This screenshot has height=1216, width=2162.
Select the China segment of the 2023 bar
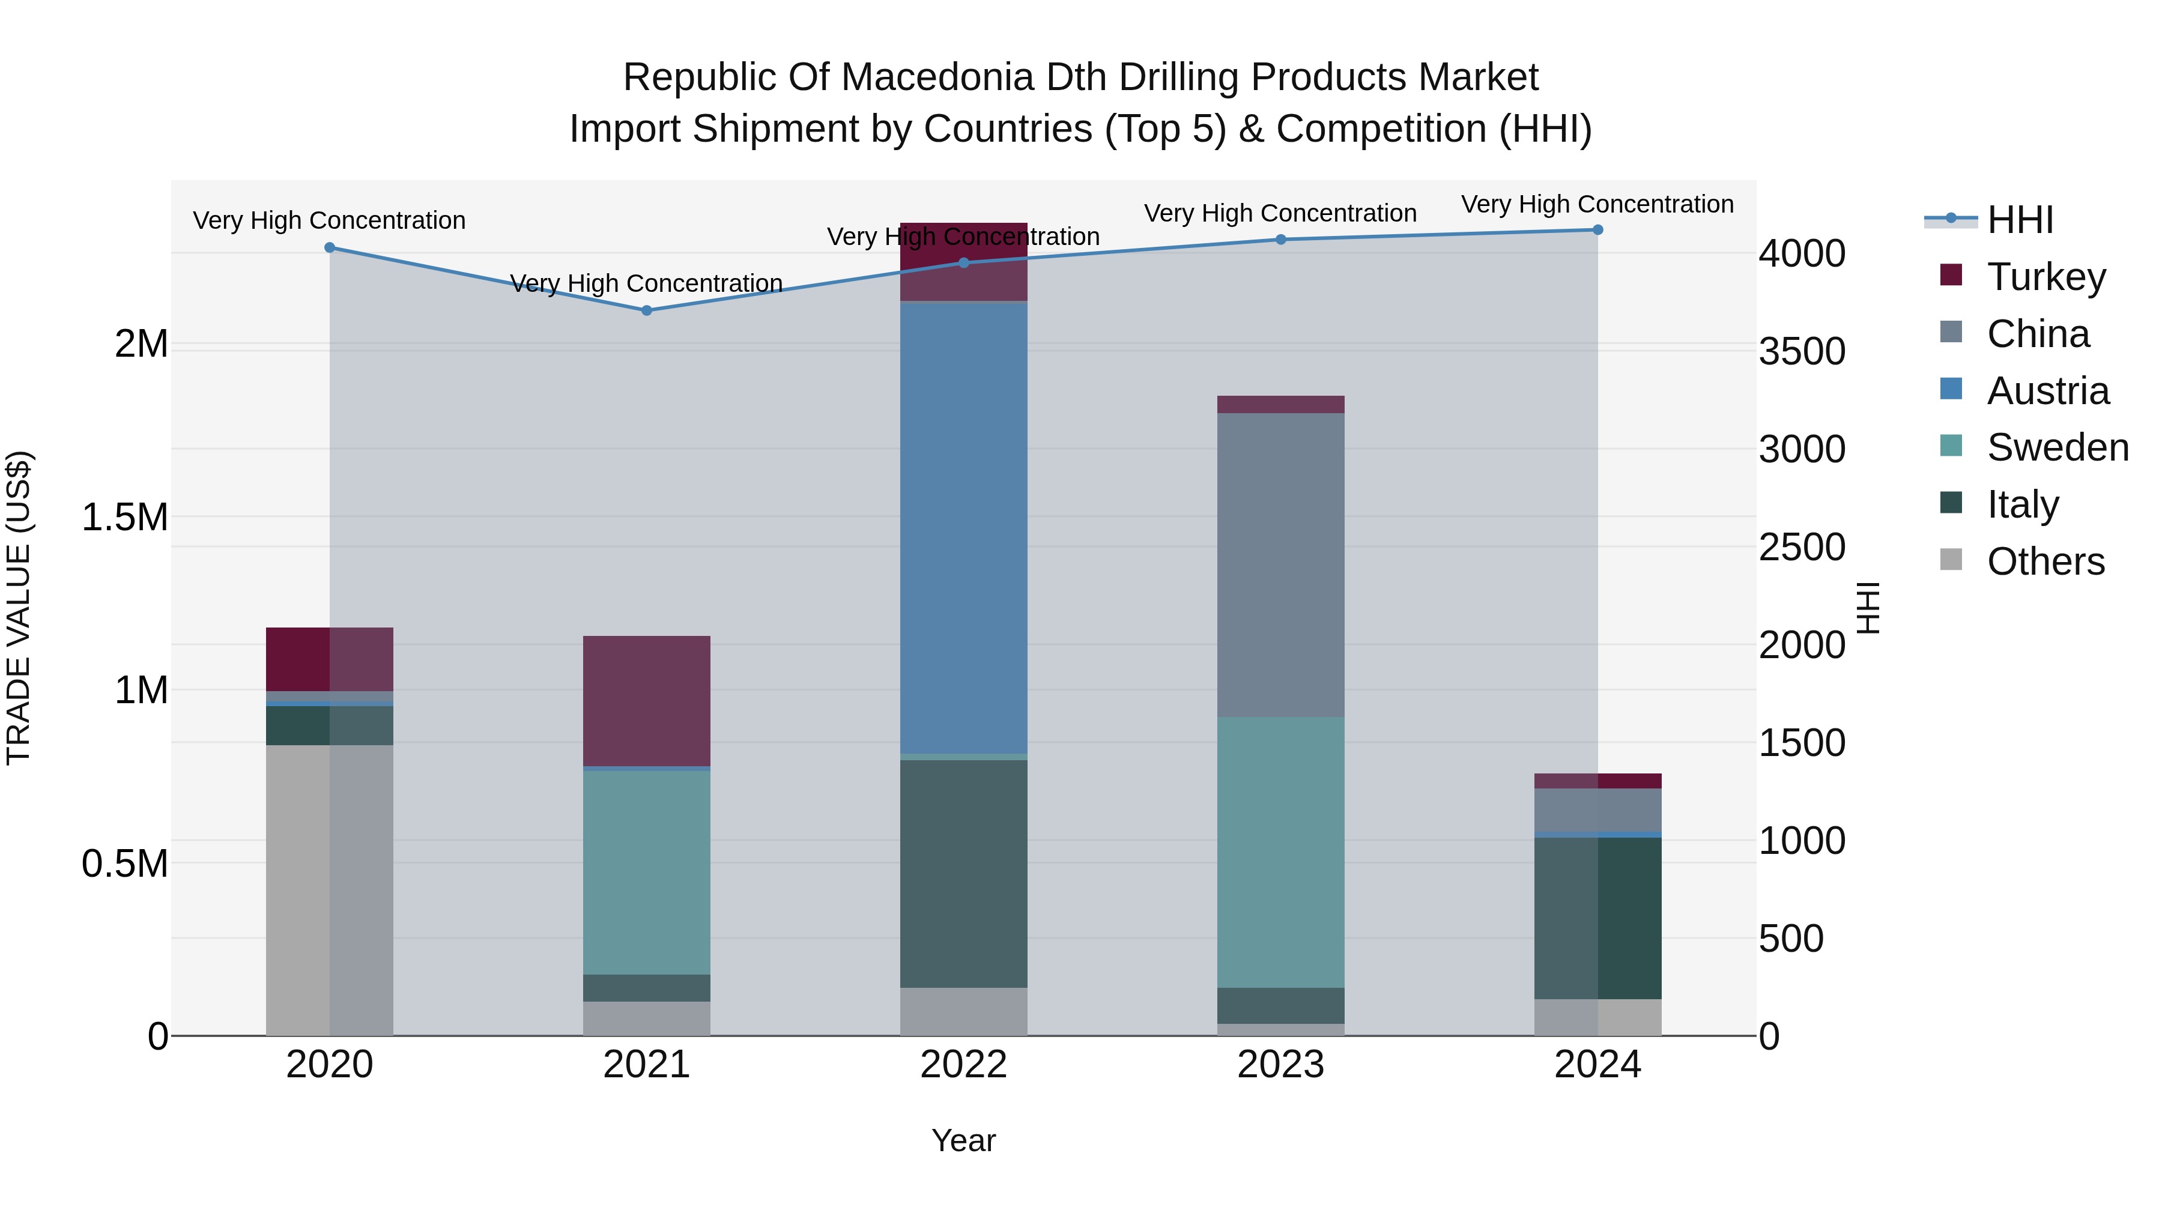pyautogui.click(x=1281, y=565)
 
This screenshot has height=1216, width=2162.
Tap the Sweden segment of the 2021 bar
pyautogui.click(x=646, y=872)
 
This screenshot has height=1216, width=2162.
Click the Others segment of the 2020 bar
pyautogui.click(x=329, y=889)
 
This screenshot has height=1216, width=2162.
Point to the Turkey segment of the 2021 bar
pyautogui.click(x=646, y=701)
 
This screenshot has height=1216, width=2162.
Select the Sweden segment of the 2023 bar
pyautogui.click(x=1281, y=852)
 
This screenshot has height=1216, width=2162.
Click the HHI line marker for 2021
pyautogui.click(x=646, y=310)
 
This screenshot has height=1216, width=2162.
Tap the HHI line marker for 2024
pyautogui.click(x=1597, y=230)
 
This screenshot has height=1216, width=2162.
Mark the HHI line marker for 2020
pyautogui.click(x=330, y=247)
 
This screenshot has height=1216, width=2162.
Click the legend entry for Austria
pyautogui.click(x=2047, y=391)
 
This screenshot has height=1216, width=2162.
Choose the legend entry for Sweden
pyautogui.click(x=2057, y=447)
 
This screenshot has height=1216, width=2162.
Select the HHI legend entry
pyautogui.click(x=2019, y=220)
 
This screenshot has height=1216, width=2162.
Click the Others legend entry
pyautogui.click(x=2045, y=561)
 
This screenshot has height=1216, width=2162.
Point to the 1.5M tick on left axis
pyautogui.click(x=125, y=517)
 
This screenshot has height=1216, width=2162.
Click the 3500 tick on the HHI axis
pyautogui.click(x=1802, y=352)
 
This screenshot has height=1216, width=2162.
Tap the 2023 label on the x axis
pyautogui.click(x=1281, y=1065)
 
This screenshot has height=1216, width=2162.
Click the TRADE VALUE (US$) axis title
pyautogui.click(x=19, y=608)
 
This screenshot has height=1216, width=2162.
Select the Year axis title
pyautogui.click(x=963, y=1140)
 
